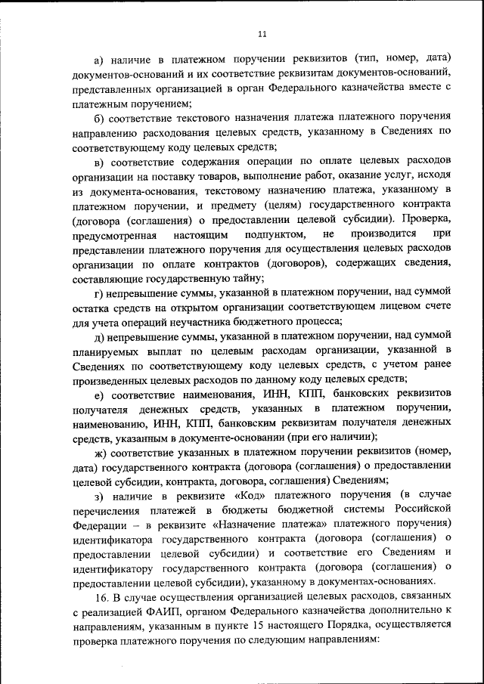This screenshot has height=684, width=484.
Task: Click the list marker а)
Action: click(x=98, y=59)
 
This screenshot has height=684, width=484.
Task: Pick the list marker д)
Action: click(x=98, y=335)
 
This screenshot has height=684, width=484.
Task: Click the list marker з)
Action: click(x=98, y=496)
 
